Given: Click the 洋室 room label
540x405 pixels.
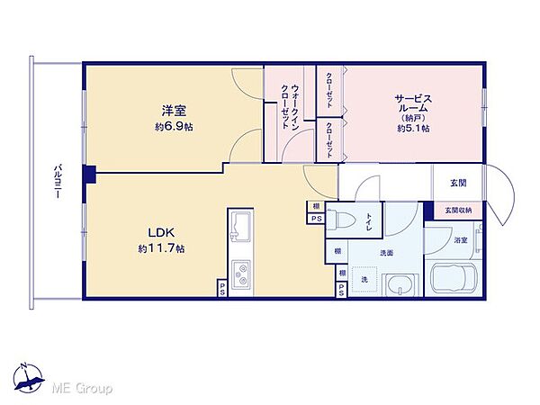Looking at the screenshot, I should (174, 112).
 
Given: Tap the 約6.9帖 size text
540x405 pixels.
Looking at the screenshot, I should (174, 127).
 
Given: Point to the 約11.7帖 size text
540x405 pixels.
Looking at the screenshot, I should (162, 247).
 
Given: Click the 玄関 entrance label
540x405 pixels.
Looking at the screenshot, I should (457, 184).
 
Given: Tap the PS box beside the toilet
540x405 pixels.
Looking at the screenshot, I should (315, 219).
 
